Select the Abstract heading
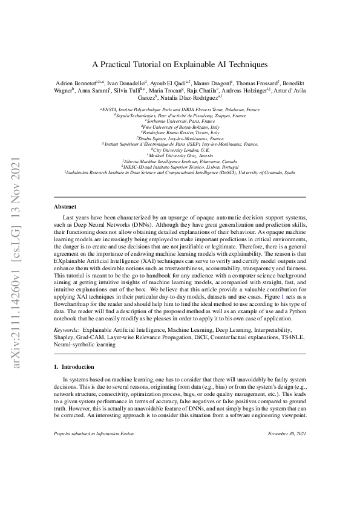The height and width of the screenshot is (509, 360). pos(65,207)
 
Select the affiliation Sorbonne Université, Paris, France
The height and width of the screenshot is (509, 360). pos(180,120)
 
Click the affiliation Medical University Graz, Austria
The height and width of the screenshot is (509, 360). pos(180,155)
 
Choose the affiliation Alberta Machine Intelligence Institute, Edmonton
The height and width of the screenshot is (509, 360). pos(180,161)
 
